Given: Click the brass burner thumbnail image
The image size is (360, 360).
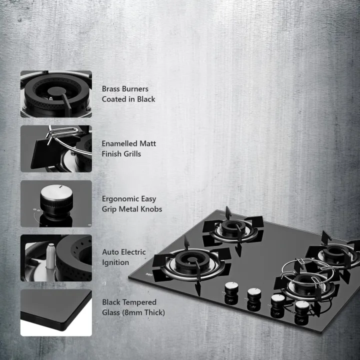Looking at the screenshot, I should click(56, 94).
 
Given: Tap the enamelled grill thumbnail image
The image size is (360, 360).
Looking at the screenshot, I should click(56, 149).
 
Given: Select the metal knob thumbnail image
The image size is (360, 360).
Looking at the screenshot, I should click(56, 204).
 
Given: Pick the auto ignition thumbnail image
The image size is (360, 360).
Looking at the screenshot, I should click(56, 258).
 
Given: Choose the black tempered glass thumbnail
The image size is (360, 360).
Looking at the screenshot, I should click(56, 312).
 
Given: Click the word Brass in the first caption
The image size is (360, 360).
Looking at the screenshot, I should click(111, 89).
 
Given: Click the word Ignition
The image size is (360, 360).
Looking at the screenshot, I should click(115, 262).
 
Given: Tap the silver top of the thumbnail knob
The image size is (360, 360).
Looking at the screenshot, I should click(51, 192).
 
